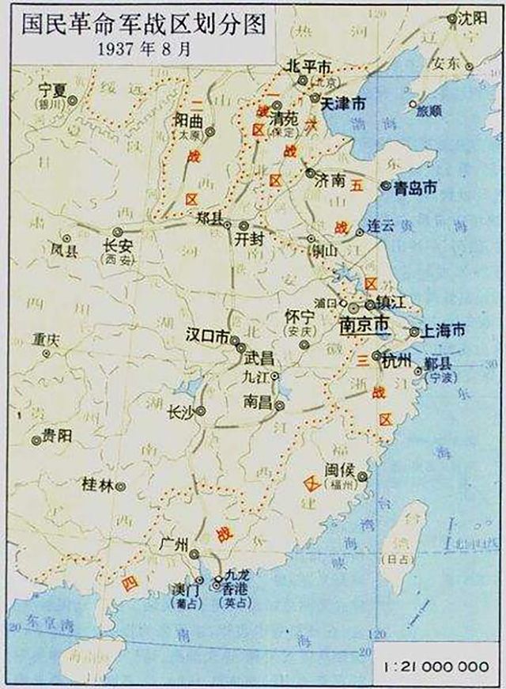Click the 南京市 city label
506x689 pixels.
(x=363, y=324)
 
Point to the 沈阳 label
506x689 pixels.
(x=474, y=17)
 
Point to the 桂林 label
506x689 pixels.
(x=98, y=485)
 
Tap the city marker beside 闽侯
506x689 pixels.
(x=362, y=476)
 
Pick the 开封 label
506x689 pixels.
(x=248, y=242)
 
